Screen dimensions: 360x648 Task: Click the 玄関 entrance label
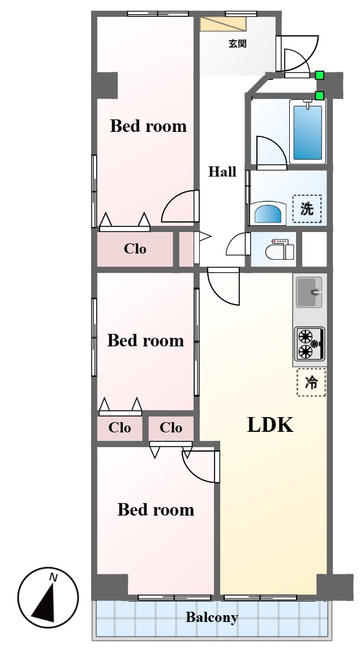[x=237, y=44]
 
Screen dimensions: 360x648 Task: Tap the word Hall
[x=222, y=171]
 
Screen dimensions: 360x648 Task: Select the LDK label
[x=271, y=425]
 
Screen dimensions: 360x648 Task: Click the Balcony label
[x=212, y=617]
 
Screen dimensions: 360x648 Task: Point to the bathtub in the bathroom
[x=307, y=131]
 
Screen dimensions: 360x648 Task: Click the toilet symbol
[x=280, y=249]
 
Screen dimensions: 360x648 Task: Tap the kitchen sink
[x=310, y=293]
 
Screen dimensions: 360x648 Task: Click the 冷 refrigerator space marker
[x=311, y=383]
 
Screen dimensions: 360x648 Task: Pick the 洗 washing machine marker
[x=307, y=209]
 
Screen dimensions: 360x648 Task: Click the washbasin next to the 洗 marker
[x=269, y=213]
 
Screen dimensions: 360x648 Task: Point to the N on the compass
[x=53, y=577]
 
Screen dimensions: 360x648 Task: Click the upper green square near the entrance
[x=319, y=75]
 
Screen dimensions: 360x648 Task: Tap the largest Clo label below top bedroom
[x=135, y=249]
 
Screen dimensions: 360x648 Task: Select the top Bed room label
[x=148, y=126]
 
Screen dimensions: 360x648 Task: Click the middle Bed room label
[x=145, y=341]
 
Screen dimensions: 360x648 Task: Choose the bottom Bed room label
[x=156, y=509]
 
